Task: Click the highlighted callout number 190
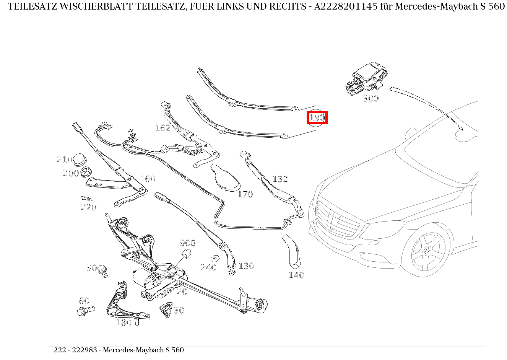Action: pos(317,117)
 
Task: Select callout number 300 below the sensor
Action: pos(370,98)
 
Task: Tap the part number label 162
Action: pos(163,128)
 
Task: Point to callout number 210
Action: pos(64,160)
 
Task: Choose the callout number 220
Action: pos(89,207)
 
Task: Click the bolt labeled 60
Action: pos(86,310)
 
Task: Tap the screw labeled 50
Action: pos(102,270)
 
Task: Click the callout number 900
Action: pos(188,243)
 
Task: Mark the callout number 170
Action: pos(245,194)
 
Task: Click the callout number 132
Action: pos(280,179)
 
